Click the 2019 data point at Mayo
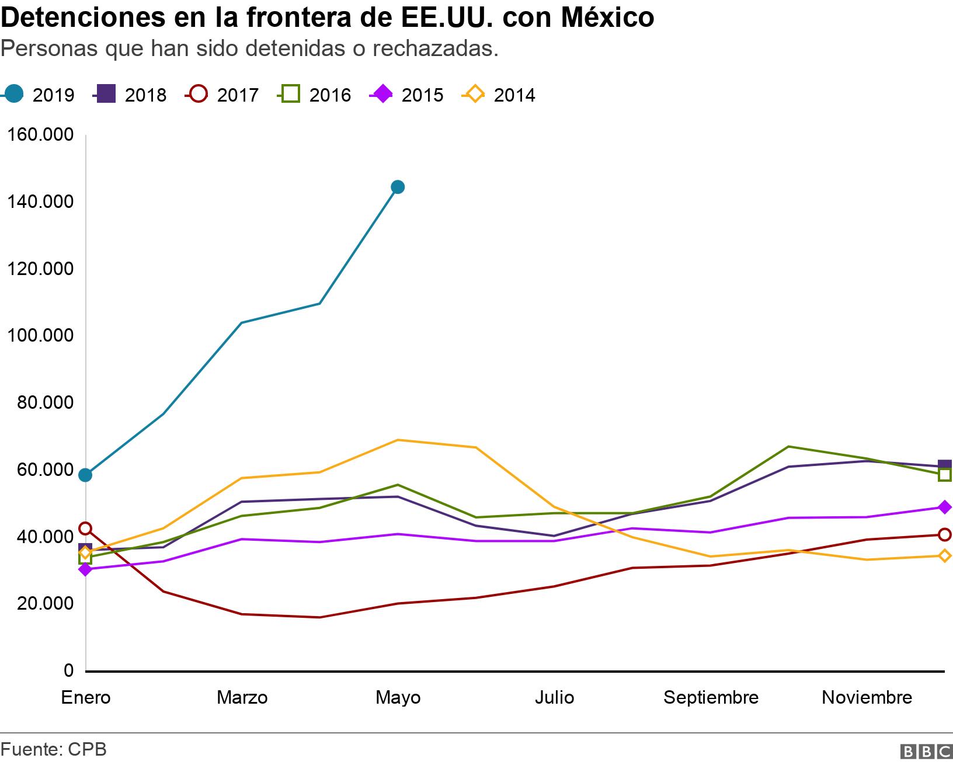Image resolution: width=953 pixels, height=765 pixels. [x=398, y=187]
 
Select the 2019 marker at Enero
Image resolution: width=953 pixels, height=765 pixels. [x=85, y=475]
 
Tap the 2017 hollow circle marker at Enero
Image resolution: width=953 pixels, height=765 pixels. [x=85, y=528]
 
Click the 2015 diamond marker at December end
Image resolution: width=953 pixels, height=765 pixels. [x=944, y=507]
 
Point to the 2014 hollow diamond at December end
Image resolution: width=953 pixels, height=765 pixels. [x=944, y=556]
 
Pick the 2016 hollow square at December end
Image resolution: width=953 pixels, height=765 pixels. [x=944, y=475]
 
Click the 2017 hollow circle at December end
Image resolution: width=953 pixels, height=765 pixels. [x=944, y=534]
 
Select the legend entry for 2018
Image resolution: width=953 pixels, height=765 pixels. [x=131, y=95]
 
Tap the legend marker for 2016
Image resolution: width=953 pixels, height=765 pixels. [x=291, y=94]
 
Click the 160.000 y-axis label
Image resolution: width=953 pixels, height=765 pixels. [x=40, y=135]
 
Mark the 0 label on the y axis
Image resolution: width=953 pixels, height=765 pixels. [x=68, y=670]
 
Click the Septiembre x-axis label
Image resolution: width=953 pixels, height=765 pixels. [x=711, y=697]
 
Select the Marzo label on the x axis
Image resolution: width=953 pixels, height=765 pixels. [x=242, y=697]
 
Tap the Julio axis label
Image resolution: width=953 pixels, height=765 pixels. [x=554, y=697]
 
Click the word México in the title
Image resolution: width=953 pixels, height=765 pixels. [x=607, y=18]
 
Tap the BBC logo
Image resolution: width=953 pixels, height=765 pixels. [x=926, y=752]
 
